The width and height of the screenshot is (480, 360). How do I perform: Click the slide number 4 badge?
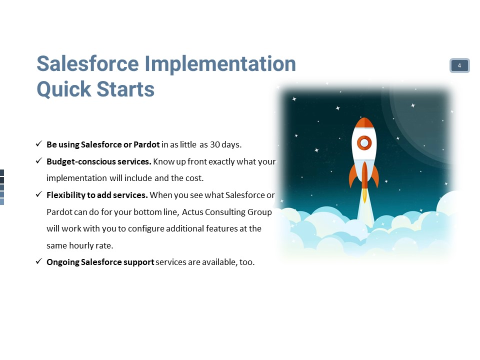click(459, 65)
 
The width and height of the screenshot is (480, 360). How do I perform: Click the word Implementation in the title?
click(220, 64)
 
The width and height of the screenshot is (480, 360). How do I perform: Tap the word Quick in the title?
click(63, 89)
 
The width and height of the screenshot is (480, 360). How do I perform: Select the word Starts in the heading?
click(125, 89)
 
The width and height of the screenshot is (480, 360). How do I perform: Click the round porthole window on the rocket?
click(364, 142)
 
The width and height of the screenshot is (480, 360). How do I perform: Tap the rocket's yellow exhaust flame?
click(364, 195)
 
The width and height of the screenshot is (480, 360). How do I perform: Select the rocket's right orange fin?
click(375, 176)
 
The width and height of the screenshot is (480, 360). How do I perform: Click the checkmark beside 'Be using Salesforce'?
click(39, 143)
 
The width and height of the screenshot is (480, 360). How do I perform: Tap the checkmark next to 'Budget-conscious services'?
click(39, 160)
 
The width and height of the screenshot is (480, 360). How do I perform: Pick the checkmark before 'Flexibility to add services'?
click(39, 194)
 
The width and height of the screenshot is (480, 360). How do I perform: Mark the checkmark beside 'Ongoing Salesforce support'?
click(39, 261)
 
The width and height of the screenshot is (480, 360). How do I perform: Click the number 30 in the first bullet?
click(214, 144)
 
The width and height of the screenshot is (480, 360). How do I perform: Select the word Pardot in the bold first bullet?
click(146, 144)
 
